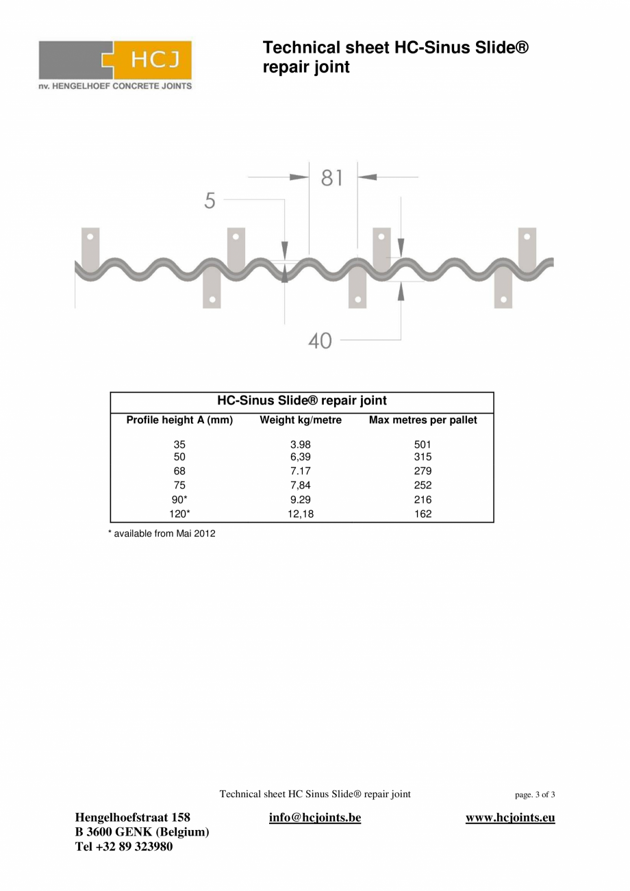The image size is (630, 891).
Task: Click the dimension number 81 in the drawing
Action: coord(332,178)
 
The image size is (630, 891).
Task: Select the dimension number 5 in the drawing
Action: coord(210,201)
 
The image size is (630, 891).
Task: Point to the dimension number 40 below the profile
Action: coord(320,340)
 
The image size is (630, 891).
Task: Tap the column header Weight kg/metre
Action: coord(301,421)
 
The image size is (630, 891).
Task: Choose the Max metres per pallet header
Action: coord(423,421)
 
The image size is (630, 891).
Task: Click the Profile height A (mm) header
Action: coord(179,421)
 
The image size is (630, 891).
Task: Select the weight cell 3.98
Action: coord(301,444)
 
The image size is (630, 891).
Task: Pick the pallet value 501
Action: coord(423,444)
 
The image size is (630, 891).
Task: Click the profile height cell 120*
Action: coord(179,514)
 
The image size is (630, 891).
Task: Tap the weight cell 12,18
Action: coord(301,514)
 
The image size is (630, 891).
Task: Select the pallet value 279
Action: coord(423,471)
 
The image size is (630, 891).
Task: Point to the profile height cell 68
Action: coord(179,471)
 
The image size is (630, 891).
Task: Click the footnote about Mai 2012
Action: coord(162,534)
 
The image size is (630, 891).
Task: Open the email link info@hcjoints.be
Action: coord(315,818)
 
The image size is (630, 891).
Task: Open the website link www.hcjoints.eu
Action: coord(510,818)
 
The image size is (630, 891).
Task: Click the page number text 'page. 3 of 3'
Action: coord(535,795)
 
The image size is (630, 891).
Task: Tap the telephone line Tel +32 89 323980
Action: coord(124,847)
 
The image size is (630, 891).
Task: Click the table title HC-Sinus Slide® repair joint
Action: coord(302,401)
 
